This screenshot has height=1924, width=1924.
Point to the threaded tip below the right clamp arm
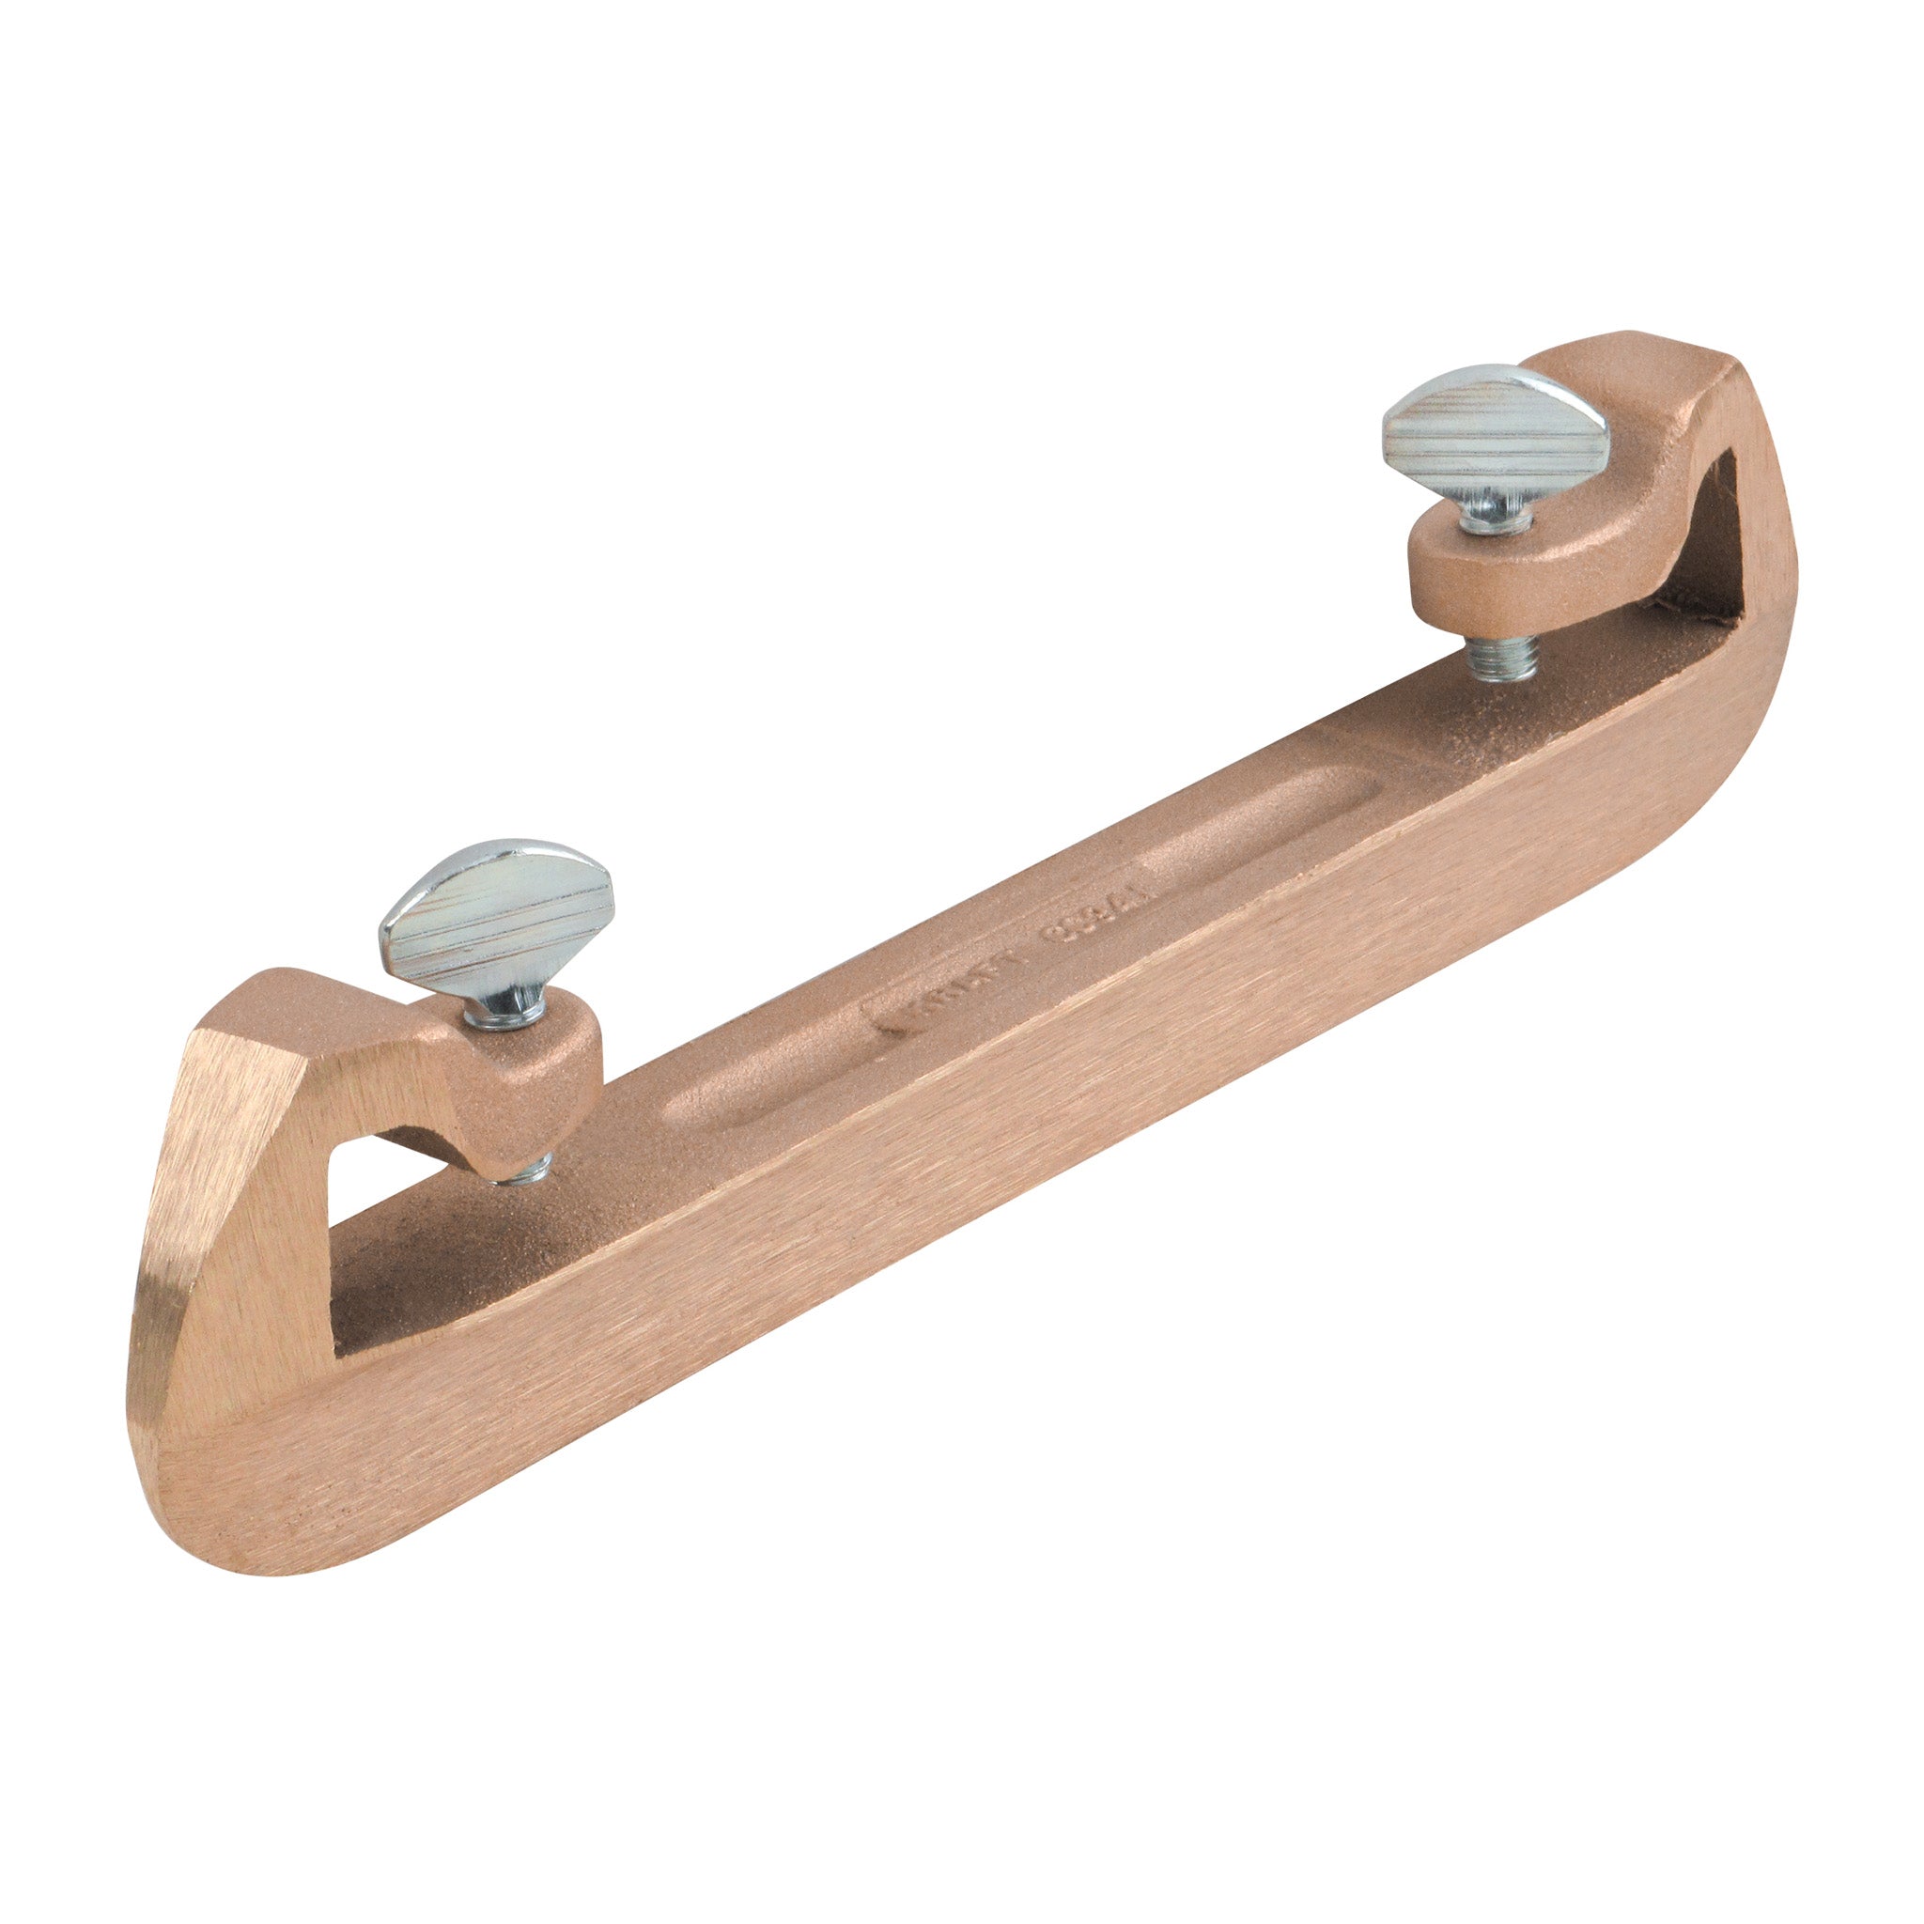(x=1502, y=659)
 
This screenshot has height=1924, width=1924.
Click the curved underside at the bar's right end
(x=1693, y=797)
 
